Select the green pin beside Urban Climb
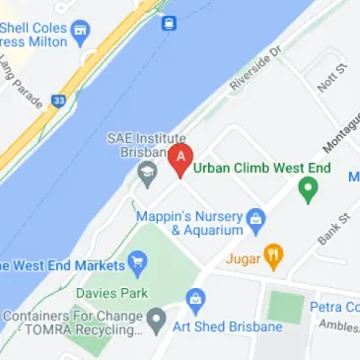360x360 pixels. (308, 191)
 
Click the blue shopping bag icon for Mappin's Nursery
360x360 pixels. (256, 216)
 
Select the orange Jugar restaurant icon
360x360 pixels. (274, 256)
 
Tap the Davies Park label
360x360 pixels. (110, 294)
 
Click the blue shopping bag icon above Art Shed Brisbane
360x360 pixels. (195, 299)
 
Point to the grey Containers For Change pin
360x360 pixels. (156, 320)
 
